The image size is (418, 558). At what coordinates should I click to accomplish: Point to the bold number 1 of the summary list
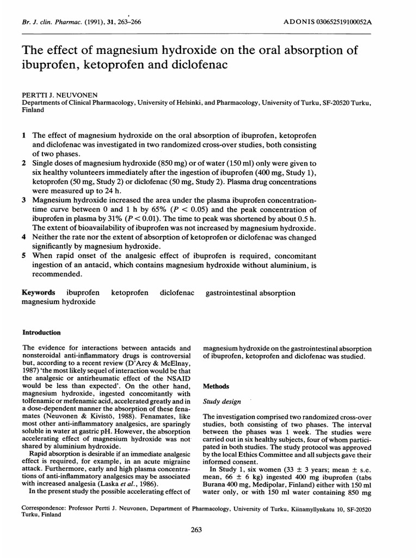coord(24,135)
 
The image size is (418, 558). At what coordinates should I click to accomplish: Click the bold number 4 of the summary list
coord(24,238)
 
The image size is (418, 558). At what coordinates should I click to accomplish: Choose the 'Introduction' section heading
coord(41,332)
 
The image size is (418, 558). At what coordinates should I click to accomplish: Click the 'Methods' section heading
coord(214,385)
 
